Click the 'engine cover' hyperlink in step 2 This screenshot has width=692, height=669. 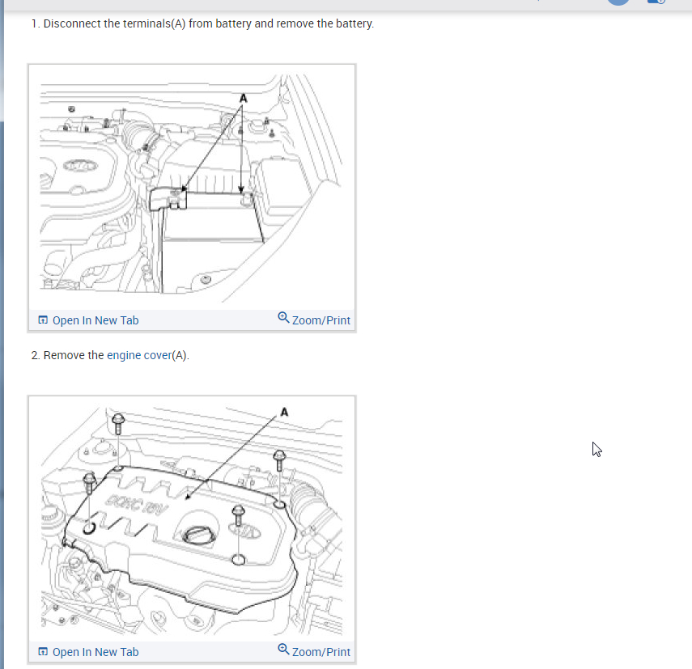point(139,355)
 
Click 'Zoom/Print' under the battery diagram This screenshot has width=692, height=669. point(321,320)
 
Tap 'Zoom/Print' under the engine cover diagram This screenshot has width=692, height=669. point(321,652)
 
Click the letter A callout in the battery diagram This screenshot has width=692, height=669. point(243,98)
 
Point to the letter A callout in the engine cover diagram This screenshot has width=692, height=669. point(284,412)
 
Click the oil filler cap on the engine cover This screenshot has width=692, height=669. point(199,536)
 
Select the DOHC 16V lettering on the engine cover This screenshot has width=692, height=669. point(136,504)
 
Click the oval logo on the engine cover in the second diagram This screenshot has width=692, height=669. point(245,531)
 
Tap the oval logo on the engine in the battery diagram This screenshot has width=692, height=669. point(80,166)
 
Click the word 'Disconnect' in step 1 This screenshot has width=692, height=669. point(72,23)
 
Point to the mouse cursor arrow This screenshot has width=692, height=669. point(596,450)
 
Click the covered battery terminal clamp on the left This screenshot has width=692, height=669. point(168,199)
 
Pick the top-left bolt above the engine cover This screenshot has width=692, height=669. point(118,424)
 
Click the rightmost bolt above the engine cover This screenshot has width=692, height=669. point(279,460)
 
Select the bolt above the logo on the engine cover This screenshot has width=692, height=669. point(238,516)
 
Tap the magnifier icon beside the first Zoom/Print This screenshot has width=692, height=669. point(283,318)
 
